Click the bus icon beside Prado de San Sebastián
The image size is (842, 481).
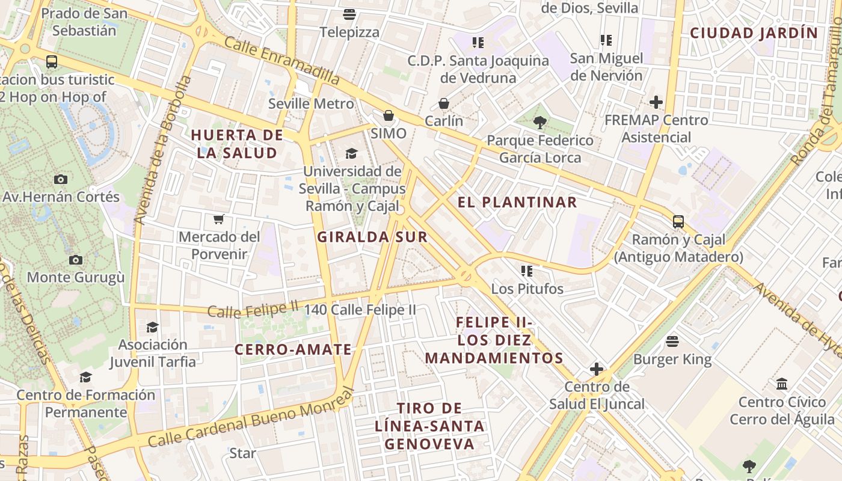tap(52, 61)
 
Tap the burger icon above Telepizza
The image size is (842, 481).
tap(349, 14)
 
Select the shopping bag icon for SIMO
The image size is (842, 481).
tap(389, 115)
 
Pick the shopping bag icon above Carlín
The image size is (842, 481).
tap(444, 103)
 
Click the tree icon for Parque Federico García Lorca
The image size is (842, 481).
tap(539, 123)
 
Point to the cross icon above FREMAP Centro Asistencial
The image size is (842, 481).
tap(656, 102)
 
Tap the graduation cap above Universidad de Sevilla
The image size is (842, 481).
tap(351, 153)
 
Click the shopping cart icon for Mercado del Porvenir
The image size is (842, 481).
tap(219, 219)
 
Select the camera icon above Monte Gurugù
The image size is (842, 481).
tap(75, 260)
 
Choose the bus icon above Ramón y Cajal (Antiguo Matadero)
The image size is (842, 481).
tap(678, 222)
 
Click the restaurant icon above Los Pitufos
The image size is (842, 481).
tap(527, 271)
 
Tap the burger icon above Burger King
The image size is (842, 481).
tap(672, 342)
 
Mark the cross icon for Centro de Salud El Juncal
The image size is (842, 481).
tap(596, 369)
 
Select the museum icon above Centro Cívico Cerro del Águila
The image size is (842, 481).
tap(782, 384)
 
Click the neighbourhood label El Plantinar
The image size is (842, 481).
tap(517, 202)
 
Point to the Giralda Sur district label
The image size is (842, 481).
tap(372, 237)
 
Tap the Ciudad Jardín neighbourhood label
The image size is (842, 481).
tap(754, 33)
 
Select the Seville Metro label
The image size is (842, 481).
tap(311, 103)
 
